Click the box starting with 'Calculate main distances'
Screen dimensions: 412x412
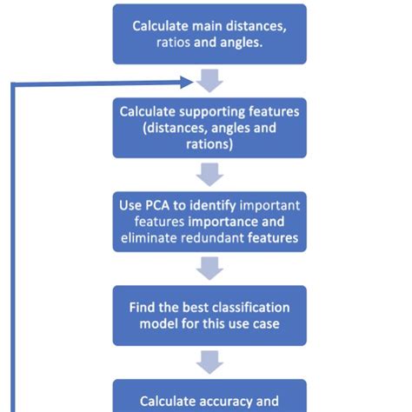coord(209,33)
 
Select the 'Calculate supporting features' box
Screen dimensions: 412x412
coord(209,128)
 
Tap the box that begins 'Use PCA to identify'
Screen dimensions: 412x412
coord(209,222)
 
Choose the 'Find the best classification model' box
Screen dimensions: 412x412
coord(209,316)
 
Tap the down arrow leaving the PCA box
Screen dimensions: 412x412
coord(209,269)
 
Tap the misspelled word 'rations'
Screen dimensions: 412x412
coord(209,144)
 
